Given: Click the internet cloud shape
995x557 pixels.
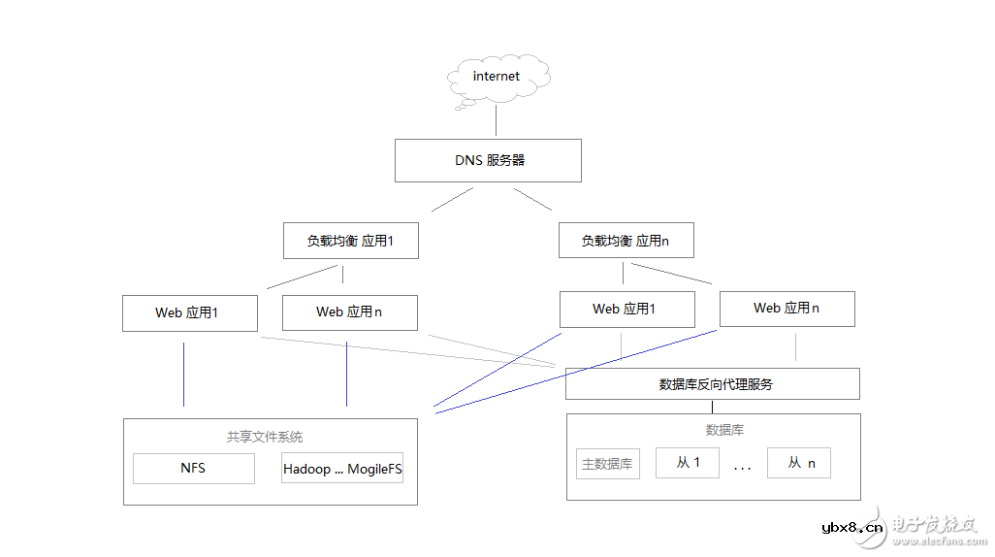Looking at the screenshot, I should click(x=497, y=77).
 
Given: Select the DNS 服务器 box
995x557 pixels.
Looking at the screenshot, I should click(x=488, y=160).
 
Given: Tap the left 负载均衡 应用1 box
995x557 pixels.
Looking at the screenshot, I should click(x=350, y=241).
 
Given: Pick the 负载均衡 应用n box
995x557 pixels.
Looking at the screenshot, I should click(x=626, y=241).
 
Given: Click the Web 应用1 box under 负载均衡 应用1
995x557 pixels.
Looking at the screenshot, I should click(x=190, y=312).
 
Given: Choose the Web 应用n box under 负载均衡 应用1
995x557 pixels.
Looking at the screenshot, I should click(x=349, y=312).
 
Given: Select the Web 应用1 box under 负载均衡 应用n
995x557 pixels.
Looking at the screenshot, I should click(x=626, y=310).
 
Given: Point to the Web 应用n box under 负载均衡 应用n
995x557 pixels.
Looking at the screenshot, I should click(x=786, y=309).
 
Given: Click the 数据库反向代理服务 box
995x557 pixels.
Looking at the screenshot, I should click(x=713, y=384).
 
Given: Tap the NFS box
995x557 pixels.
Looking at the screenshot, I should click(x=193, y=468).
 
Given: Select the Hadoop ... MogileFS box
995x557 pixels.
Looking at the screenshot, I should click(x=342, y=469).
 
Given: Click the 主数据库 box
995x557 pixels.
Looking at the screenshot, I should click(x=608, y=464).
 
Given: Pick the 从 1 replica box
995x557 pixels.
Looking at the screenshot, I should click(x=689, y=463).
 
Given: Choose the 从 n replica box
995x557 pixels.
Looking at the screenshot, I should click(x=799, y=463).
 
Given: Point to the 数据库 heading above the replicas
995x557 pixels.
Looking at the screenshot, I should click(x=724, y=430).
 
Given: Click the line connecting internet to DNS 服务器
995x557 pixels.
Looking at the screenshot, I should click(x=497, y=120).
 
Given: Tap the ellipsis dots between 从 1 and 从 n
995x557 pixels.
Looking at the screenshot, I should click(x=743, y=469).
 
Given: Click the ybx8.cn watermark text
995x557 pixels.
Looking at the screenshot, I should click(x=852, y=528).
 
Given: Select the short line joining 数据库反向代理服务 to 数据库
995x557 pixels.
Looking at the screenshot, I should click(x=712, y=407).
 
